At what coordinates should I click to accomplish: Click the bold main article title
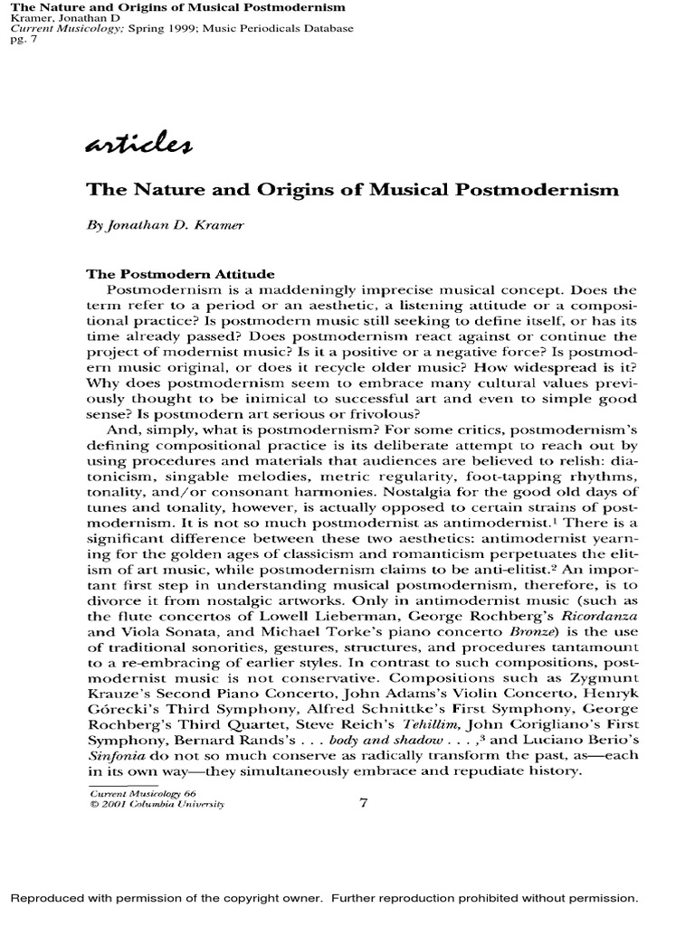352,190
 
